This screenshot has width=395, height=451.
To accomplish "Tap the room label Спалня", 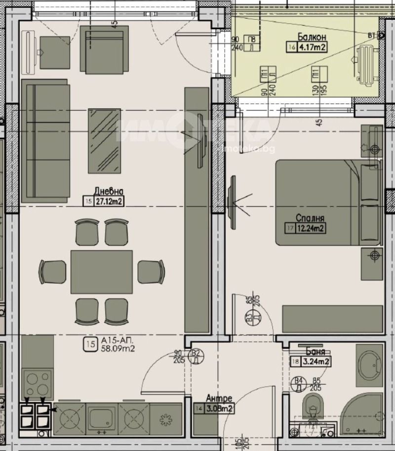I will click(310, 217).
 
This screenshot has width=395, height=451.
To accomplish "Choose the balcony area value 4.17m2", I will click(312, 47).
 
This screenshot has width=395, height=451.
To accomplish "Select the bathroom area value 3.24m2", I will click(316, 362).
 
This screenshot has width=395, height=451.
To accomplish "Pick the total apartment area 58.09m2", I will click(118, 349).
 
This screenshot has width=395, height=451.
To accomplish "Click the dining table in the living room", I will click(102, 272).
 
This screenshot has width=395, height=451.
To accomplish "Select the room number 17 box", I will click(289, 228).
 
